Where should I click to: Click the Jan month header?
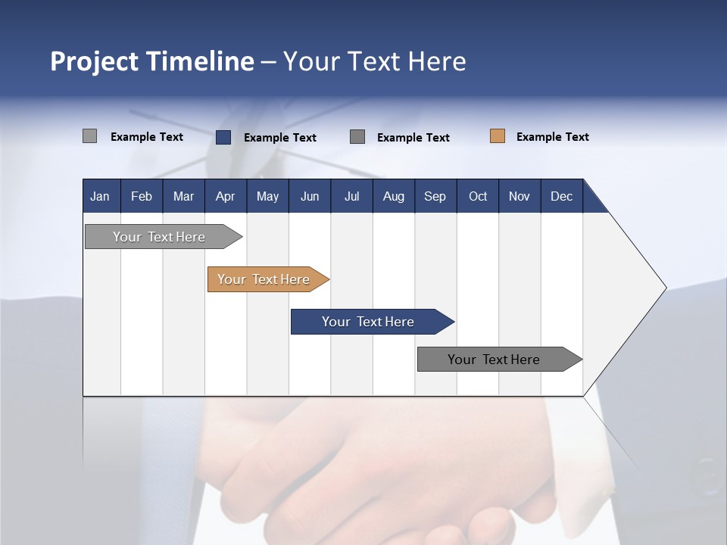(101, 196)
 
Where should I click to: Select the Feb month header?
(142, 196)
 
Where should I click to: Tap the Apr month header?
(226, 196)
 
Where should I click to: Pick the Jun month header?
(310, 196)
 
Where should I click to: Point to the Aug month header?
(394, 196)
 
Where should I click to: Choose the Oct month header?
(478, 196)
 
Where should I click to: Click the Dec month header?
(562, 196)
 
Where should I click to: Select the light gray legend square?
(89, 136)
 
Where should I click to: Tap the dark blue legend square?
(223, 137)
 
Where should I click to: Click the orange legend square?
(498, 136)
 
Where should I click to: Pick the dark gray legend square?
(357, 136)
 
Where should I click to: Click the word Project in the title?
(94, 61)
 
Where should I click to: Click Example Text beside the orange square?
(552, 137)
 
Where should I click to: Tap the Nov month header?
(520, 196)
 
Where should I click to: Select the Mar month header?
(183, 196)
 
